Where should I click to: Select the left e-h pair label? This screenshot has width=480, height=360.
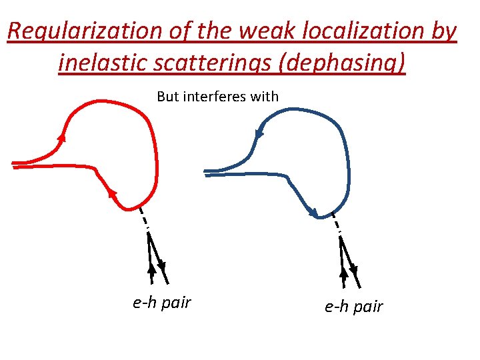[x=162, y=303]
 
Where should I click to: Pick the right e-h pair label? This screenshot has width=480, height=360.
[x=354, y=306]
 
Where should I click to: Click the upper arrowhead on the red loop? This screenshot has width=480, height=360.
[x=62, y=137]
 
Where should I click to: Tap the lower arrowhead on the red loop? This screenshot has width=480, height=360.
[x=111, y=193]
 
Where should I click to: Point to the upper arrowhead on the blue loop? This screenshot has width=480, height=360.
[x=259, y=135]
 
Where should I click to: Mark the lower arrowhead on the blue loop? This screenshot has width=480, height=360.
[x=312, y=213]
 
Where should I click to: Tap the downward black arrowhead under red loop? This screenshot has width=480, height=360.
[x=161, y=266]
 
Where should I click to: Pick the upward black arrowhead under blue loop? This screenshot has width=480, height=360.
[x=344, y=273]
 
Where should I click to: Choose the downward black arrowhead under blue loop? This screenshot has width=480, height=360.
[x=353, y=270]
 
